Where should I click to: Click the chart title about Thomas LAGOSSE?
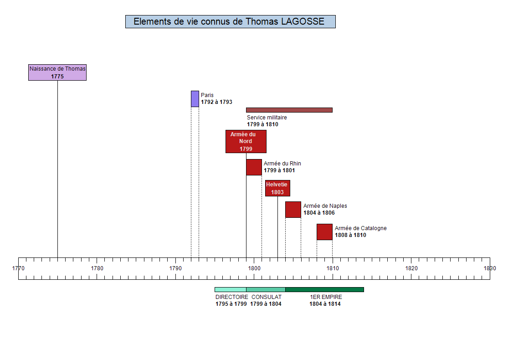(230, 21)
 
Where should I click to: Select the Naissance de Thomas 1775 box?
(57, 72)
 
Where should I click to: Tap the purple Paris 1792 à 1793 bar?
(195, 99)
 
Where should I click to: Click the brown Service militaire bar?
(289, 110)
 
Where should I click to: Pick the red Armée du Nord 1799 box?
(246, 141)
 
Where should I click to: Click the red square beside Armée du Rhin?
(254, 167)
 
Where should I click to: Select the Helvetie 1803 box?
(277, 188)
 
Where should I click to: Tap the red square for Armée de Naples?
(293, 210)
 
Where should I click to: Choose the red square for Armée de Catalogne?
(324, 232)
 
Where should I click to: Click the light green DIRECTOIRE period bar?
(231, 289)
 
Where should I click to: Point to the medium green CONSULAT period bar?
(266, 289)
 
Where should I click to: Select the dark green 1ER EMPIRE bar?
(324, 289)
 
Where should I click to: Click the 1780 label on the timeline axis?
(97, 268)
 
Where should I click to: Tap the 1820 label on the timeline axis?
(411, 268)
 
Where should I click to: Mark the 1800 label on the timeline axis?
(254, 268)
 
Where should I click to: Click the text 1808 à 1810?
(350, 236)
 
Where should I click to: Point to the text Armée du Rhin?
(282, 164)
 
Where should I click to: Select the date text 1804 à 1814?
(325, 304)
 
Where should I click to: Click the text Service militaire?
(267, 118)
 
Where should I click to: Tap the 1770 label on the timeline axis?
(19, 268)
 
